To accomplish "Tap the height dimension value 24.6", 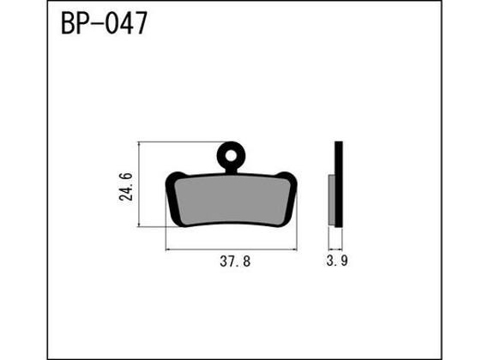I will (126, 185).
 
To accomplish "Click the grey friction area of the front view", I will (230, 198).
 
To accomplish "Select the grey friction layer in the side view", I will (333, 201).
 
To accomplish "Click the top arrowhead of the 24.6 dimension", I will (138, 145).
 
